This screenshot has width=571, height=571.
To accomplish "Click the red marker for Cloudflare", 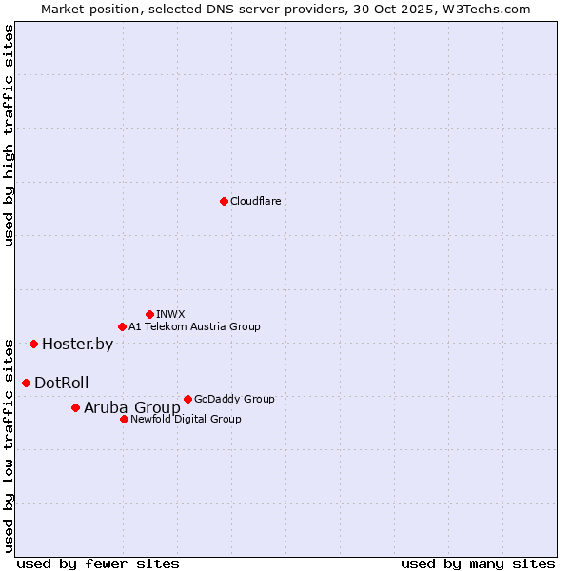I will pos(224,201).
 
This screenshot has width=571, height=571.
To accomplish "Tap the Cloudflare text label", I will pos(255,201).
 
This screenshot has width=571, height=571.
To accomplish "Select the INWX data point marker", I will pos(149,314).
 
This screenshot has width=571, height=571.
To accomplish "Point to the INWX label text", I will pos(170,314).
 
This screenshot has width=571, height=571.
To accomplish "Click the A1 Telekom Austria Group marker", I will pos(122,326).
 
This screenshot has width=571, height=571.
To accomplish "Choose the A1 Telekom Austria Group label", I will pos(194,326).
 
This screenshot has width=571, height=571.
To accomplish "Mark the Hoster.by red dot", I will pos(33,344).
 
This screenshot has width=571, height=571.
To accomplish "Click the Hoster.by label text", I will pos(77,345).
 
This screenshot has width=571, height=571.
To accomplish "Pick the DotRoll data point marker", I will pos(26,383).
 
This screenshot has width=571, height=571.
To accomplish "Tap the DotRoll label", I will pos(62,384).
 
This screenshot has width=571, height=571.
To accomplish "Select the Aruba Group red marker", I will pos(75,407).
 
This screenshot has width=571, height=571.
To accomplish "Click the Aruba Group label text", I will pos(131,408).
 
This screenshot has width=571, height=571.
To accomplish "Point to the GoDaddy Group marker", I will pos(187,399).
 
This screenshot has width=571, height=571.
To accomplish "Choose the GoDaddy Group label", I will pos(234,399).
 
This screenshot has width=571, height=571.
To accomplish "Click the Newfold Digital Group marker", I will pos(124,419).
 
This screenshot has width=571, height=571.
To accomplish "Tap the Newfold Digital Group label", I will pos(186,419).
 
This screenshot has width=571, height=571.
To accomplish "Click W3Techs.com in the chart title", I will pos(491,9).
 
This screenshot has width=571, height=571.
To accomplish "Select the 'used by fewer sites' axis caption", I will pos(98,563).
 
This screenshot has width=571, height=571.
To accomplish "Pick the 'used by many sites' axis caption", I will pos(478,563).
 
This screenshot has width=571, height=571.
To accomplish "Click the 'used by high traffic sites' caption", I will pos(10,135).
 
